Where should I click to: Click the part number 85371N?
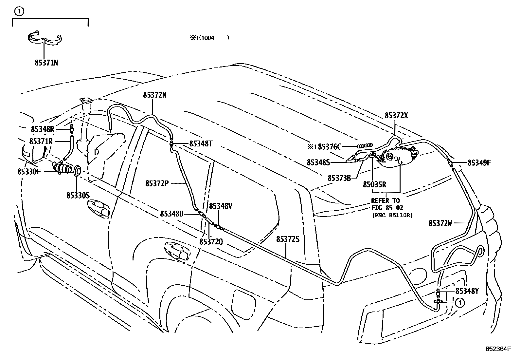click(46, 63)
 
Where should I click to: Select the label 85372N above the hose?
click(154, 95)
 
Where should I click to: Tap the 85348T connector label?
click(201, 143)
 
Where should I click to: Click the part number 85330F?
click(29, 171)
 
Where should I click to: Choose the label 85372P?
click(157, 183)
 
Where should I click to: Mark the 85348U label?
click(171, 214)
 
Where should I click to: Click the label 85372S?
click(288, 239)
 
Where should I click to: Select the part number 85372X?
click(396, 115)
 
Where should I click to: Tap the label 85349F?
click(479, 162)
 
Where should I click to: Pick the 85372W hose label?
click(440, 223)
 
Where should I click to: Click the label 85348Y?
click(467, 291)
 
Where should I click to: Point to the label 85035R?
click(374, 185)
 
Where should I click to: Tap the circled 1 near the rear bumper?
click(460, 303)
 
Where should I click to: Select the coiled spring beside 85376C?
click(365, 146)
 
